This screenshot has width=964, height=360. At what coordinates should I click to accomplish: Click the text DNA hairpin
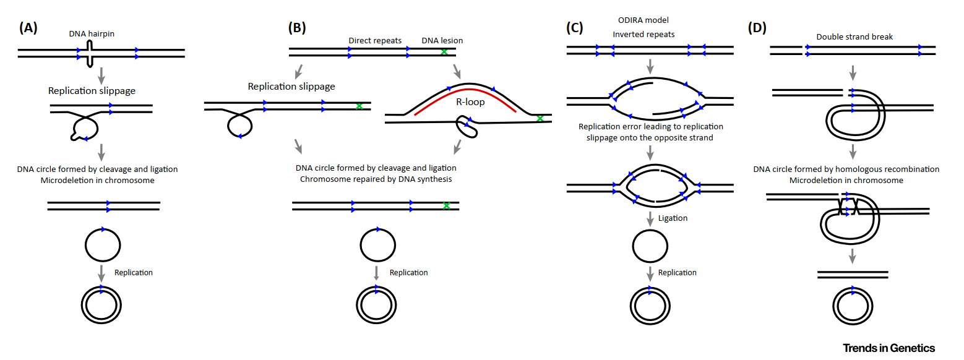(91, 34)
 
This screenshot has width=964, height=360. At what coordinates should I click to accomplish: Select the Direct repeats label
(375, 41)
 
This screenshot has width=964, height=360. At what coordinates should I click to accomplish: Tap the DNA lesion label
(442, 41)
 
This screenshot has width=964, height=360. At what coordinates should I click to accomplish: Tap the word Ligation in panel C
(673, 218)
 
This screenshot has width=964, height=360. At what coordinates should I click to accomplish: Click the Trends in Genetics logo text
(889, 348)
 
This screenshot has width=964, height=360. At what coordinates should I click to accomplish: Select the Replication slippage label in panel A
(92, 91)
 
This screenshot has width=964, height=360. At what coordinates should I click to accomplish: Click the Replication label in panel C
(677, 273)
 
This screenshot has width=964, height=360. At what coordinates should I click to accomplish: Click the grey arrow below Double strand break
(853, 72)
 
